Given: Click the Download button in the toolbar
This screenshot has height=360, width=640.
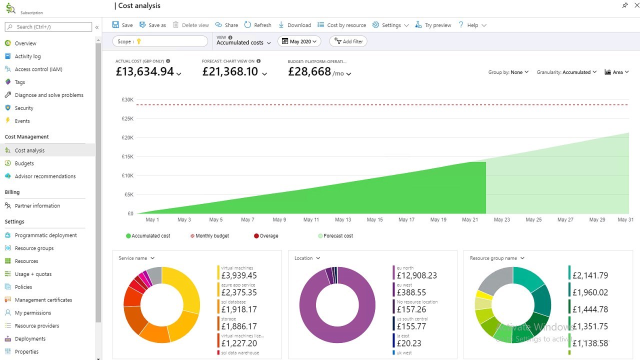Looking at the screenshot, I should [294, 25].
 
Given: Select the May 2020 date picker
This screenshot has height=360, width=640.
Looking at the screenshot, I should [299, 42].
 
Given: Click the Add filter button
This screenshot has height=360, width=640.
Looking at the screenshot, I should [348, 41].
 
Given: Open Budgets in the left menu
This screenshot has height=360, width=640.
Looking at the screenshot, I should [24, 163].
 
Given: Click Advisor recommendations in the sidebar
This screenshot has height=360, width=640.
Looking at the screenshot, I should [45, 176].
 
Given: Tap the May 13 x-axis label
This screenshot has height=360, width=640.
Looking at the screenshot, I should [343, 220].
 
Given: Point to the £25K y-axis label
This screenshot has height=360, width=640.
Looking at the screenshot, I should [127, 119].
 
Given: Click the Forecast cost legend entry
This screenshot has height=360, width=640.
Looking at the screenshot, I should [338, 236].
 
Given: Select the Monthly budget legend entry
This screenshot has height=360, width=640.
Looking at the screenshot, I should [212, 236].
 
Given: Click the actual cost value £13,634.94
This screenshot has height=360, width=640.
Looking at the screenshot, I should [144, 72].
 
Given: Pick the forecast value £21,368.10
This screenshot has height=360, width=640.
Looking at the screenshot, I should [230, 72].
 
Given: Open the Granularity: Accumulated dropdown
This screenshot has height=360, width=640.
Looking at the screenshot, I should [566, 72].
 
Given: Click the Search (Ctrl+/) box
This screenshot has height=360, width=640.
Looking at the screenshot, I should [49, 27].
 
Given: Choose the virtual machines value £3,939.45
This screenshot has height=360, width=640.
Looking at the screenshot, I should [239, 275].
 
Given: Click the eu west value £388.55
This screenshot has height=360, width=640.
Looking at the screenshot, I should [411, 292].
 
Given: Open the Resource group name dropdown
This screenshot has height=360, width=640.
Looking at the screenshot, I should [497, 258].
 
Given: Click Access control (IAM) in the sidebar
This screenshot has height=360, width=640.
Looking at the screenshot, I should [38, 69].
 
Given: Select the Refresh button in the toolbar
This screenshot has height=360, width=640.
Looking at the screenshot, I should [257, 25].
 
